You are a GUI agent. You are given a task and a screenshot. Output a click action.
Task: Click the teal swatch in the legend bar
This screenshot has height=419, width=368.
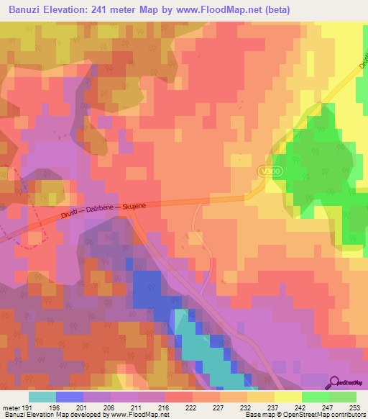coord(42,396)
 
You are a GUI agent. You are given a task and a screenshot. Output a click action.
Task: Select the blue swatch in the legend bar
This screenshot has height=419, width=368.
coord(69,396)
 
